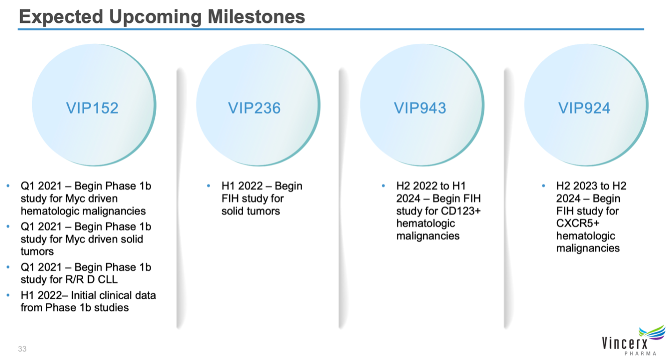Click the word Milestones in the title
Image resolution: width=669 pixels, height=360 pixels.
coord(256,16)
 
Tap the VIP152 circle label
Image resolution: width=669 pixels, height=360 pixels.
coord(92,108)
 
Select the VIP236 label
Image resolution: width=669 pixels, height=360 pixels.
coord(254,108)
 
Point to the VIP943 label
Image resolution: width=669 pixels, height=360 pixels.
coord(420,108)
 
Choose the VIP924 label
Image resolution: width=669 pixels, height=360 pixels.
coord(584,108)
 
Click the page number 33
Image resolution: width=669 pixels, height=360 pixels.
coord(22,349)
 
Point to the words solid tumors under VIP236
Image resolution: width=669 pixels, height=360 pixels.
coord(251,211)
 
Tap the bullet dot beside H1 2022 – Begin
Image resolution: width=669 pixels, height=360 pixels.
coord(209,186)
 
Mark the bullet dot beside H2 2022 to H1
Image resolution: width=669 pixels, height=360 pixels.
coord(383,186)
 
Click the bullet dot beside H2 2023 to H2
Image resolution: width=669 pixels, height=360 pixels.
coord(543,186)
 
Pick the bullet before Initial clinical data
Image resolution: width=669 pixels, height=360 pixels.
coord(8,295)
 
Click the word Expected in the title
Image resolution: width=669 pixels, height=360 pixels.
coord(61,17)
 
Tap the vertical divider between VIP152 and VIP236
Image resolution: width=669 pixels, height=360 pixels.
coord(180,199)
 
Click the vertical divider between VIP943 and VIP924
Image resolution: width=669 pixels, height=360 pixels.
coord(507,199)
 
